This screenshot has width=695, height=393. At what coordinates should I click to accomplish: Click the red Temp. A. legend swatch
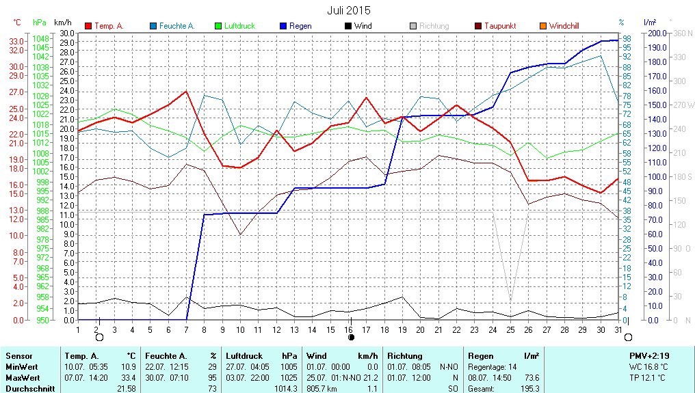coord(88,26)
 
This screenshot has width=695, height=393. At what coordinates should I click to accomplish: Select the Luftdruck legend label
coord(240,26)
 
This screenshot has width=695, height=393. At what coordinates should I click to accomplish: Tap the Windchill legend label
coord(564,26)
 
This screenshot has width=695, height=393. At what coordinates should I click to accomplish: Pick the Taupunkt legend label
coord(500,26)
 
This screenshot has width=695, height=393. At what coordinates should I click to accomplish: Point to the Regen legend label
coord(300,26)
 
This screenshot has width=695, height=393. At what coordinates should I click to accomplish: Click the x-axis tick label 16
coord(349,329)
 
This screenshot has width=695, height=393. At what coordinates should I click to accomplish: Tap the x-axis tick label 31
coord(618,329)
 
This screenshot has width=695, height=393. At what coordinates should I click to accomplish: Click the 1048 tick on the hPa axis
coord(41,40)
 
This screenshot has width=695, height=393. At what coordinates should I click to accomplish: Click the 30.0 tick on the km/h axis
coord(67,33)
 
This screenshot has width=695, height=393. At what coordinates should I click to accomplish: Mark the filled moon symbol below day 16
coord(351,337)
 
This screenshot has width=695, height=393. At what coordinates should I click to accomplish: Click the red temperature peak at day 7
coord(186,91)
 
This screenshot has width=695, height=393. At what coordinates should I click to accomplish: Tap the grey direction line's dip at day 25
coord(510,300)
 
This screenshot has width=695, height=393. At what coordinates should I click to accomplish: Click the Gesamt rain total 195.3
coord(529,388)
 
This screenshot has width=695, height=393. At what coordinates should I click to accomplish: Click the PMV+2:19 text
coord(650,356)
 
